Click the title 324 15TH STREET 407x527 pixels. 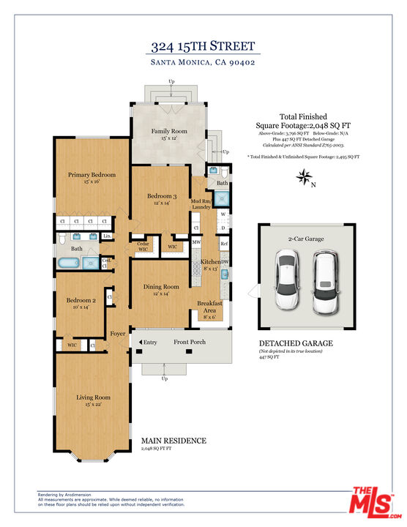coord(203,47)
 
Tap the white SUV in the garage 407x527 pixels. coord(325,280)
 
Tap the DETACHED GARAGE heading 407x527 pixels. coord(296,343)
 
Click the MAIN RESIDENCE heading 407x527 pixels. coord(173,441)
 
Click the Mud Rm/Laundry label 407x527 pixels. coord(201,203)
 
